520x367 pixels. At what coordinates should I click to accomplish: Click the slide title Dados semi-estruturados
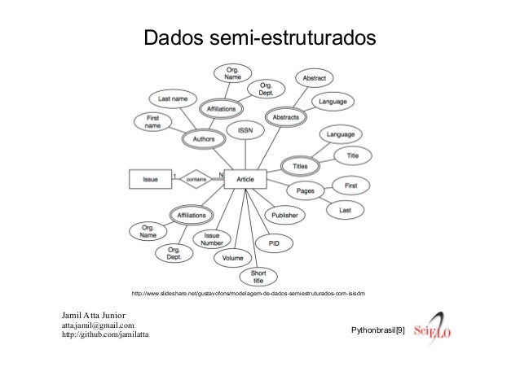point(260,38)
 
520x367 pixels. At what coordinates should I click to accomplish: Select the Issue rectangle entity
point(151,179)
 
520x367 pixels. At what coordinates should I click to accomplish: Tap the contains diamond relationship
point(196,179)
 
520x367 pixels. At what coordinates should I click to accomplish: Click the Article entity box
point(245,179)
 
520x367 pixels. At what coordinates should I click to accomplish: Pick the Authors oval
point(202,140)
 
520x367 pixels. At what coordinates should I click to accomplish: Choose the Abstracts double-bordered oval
point(284,117)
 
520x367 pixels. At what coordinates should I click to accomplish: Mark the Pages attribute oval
point(306,191)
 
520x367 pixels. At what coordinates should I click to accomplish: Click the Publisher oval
point(284,215)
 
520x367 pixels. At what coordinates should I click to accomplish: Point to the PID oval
point(274,242)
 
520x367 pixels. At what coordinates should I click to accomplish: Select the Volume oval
point(233,258)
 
